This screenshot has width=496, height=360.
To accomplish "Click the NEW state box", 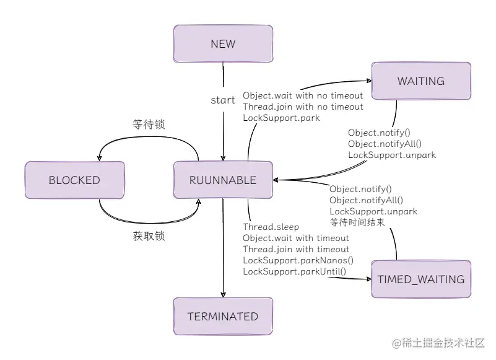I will click(x=223, y=44).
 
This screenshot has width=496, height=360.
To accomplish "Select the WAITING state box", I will click(x=421, y=81).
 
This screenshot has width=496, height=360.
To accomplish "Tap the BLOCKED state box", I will click(x=74, y=180).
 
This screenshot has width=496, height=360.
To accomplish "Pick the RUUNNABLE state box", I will click(x=223, y=180).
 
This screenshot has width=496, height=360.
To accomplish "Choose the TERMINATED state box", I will click(x=223, y=317).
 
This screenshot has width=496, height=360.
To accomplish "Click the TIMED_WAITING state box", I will click(x=421, y=279).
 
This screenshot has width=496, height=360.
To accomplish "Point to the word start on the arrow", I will click(x=223, y=100).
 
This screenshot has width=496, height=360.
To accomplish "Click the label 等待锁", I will click(x=149, y=125).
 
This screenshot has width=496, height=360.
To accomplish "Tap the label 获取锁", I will click(x=149, y=236).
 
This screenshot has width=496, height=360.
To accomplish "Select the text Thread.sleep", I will click(x=271, y=227).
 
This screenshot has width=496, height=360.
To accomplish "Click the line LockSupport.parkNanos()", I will click(x=298, y=260).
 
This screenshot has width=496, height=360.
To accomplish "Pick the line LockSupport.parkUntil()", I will click(x=294, y=271).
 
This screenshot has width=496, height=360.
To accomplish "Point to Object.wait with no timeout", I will click(x=303, y=95).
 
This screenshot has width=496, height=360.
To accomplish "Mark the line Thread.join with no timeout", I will click(x=303, y=107).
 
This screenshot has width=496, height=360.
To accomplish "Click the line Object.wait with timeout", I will click(x=296, y=238).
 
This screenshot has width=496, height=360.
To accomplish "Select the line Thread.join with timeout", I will click(x=296, y=249).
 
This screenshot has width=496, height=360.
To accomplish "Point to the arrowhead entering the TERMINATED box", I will click(x=223, y=294).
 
